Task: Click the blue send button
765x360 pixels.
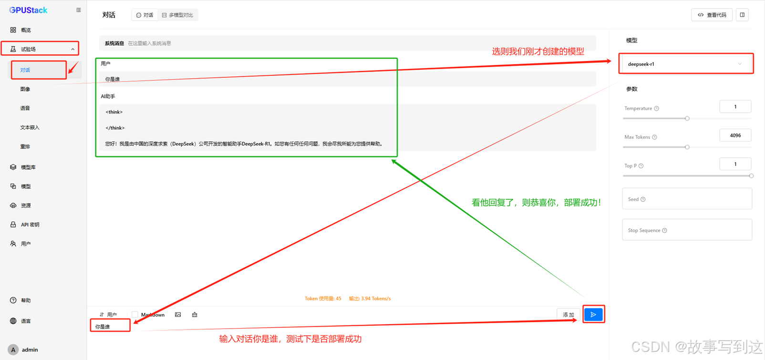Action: (x=593, y=315)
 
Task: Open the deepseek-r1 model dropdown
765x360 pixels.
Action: (x=685, y=64)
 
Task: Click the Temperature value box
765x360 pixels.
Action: (x=735, y=107)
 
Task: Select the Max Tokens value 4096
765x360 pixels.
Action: (x=735, y=135)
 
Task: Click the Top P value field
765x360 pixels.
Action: (x=735, y=164)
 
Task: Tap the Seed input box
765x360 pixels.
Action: (x=687, y=199)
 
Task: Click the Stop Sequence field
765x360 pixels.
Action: (x=687, y=230)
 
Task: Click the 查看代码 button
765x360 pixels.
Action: (x=712, y=15)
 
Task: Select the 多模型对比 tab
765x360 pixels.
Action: (x=177, y=15)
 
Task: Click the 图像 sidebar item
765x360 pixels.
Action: (x=25, y=89)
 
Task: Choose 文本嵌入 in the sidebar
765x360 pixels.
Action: (x=30, y=127)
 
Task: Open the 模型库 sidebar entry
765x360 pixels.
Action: (x=28, y=167)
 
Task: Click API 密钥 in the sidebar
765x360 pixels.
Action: (x=30, y=225)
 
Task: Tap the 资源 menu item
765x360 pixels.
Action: (x=26, y=206)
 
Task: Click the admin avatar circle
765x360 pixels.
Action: (x=13, y=350)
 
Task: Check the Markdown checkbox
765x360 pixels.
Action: (x=135, y=315)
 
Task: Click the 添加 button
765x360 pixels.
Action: (x=568, y=315)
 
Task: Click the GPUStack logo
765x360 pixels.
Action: (x=28, y=10)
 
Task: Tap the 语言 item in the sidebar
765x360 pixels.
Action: (x=26, y=321)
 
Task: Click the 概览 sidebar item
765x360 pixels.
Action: (x=26, y=30)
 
